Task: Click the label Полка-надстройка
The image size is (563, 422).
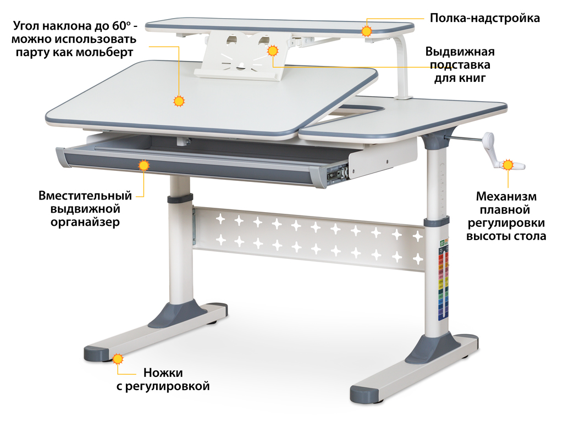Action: [x=485, y=18]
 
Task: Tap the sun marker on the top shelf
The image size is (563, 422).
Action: [x=366, y=31]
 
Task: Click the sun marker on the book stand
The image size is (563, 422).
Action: [x=273, y=51]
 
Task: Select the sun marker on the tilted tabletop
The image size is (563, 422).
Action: [x=179, y=101]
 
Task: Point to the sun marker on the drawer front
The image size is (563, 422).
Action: [x=143, y=165]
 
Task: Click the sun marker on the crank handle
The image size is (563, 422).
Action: [x=507, y=165]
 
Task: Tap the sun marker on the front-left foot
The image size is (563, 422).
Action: [x=118, y=359]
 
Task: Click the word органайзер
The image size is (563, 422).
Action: [x=85, y=223]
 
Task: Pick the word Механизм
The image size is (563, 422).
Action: [x=506, y=197]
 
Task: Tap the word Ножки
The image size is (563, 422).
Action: [x=163, y=373]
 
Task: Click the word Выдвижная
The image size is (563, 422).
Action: [x=460, y=52]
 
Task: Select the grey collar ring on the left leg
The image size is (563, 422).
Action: [x=180, y=199]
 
